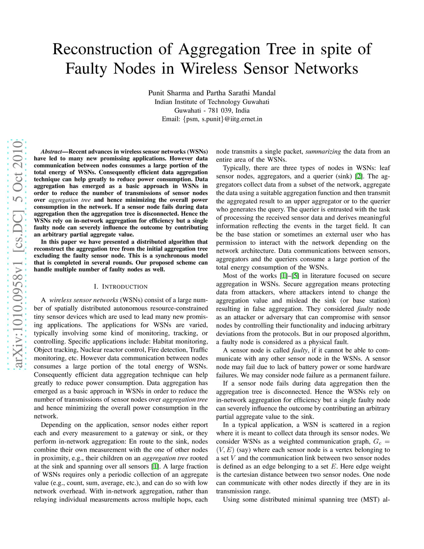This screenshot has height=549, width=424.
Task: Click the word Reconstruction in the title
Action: [x=102, y=49]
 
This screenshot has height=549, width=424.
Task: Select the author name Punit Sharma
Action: [x=169, y=93]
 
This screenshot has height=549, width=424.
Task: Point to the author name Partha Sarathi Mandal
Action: [x=241, y=93]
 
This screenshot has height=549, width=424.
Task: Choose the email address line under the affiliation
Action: [x=212, y=119]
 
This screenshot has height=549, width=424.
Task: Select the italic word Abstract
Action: [x=51, y=152]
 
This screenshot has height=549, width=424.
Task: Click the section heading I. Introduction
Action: [x=120, y=287]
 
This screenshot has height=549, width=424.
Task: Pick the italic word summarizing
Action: [x=323, y=152]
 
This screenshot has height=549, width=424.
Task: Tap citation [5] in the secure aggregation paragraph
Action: [x=295, y=276]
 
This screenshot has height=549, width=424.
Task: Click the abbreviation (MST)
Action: [x=369, y=500]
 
